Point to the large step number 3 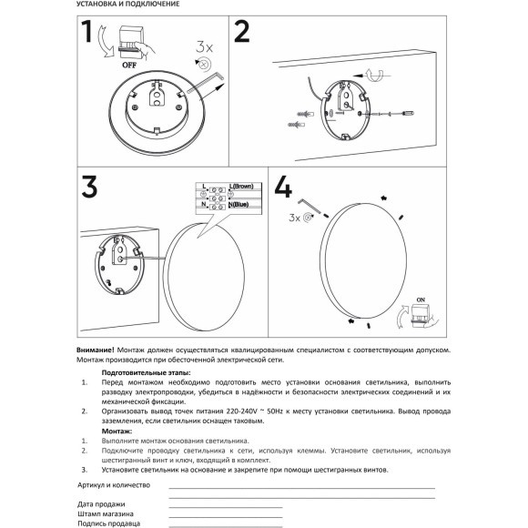[88, 189]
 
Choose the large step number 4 [283, 188]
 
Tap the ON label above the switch [420, 299]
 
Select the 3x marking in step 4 [293, 218]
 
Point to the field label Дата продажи [101, 503]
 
